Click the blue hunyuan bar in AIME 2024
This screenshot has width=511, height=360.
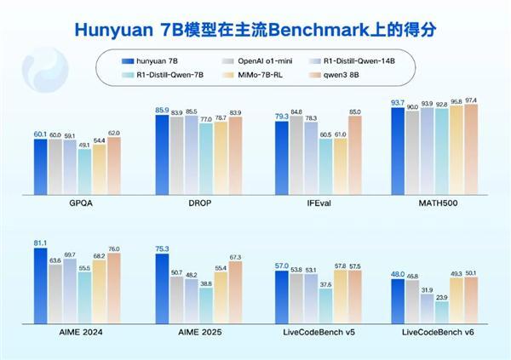click(40, 292)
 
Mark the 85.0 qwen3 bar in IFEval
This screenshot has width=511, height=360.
click(354, 156)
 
